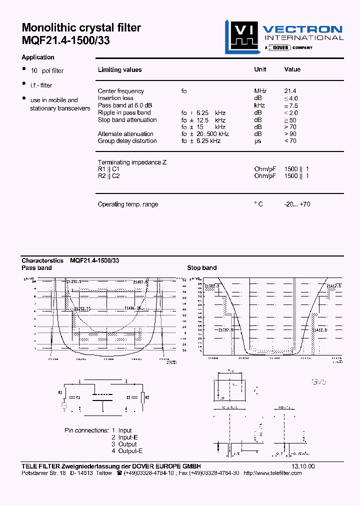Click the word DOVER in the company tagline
277,47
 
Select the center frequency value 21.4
290,91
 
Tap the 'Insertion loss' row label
115,98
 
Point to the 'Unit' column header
260,69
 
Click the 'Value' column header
292,69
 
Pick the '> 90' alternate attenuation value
292,134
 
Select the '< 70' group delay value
290,141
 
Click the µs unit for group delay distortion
257,141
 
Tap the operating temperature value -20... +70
297,204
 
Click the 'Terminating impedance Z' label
132,162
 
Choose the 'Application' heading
38,57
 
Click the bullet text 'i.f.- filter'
41,85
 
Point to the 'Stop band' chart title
201,268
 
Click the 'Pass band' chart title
36,268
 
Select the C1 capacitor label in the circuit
77,397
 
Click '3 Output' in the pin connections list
124,444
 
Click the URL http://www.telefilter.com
281,473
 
